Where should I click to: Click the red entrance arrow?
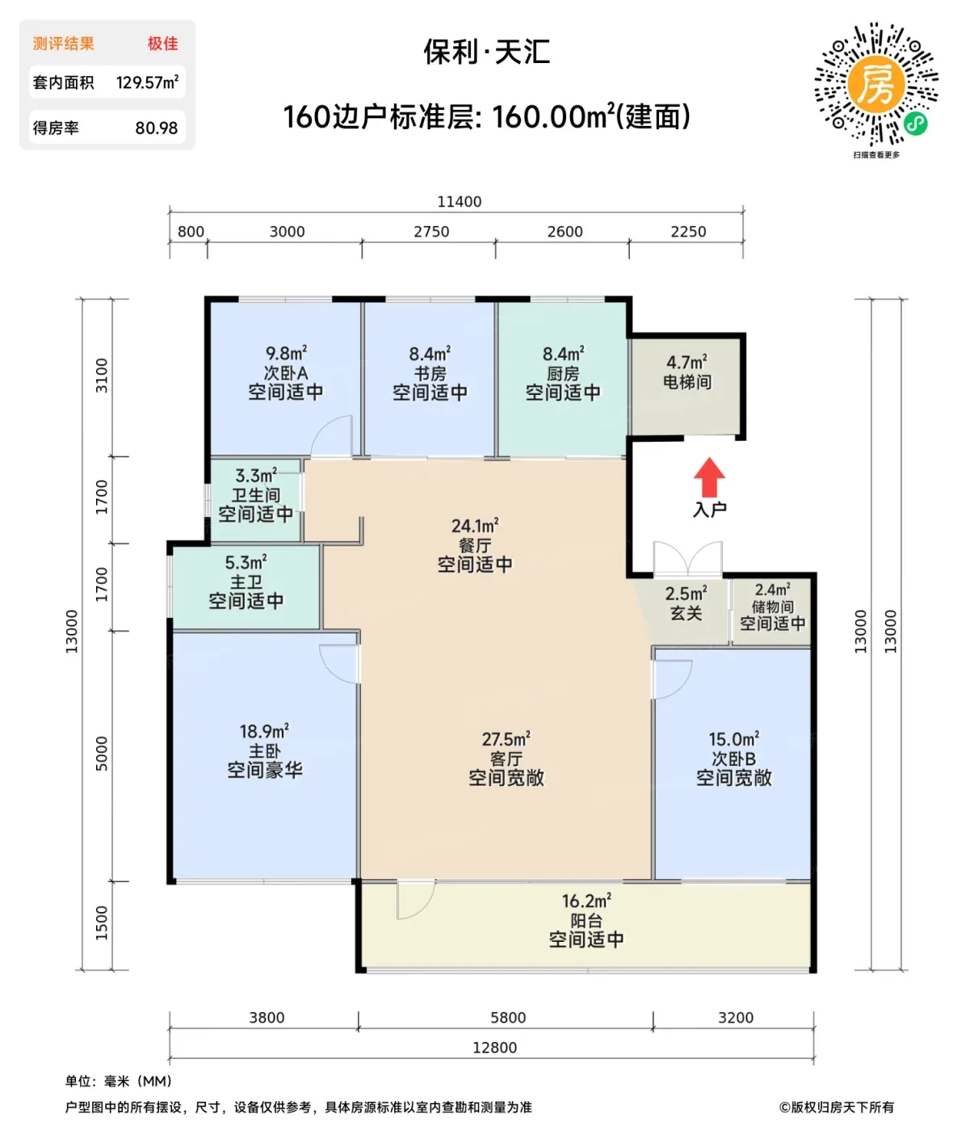coord(709,477)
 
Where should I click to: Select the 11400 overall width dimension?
coord(459,201)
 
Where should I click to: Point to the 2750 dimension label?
coord(431,232)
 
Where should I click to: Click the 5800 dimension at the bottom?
coord(507,1018)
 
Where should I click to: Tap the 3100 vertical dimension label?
coord(102,376)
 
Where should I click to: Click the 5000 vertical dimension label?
coord(102,754)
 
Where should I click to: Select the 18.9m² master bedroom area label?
coord(264,731)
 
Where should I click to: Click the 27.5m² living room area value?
coord(506,739)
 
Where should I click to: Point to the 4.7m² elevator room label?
coord(686,362)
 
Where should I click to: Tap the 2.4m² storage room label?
coord(772,589)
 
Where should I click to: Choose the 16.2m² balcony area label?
coord(586,901)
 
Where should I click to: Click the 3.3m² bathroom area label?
coord(256,475)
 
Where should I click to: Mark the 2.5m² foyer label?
coord(686,593)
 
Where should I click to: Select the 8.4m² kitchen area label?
coord(563,354)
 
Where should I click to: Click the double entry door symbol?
coord(687,558)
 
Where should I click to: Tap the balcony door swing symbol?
coord(416,899)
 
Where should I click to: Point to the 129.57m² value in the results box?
coord(147,82)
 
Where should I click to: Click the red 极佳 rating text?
coord(162,44)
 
